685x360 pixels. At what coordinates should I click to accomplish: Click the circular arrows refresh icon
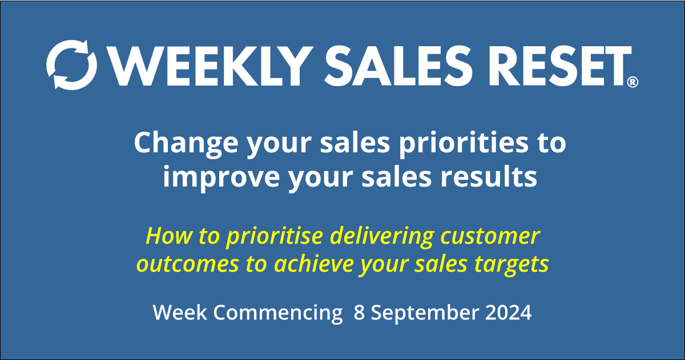pyautogui.click(x=72, y=64)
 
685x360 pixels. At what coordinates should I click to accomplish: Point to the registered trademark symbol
pyautogui.click(x=632, y=83)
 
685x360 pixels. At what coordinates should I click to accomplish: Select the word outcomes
pyautogui.click(x=185, y=264)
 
